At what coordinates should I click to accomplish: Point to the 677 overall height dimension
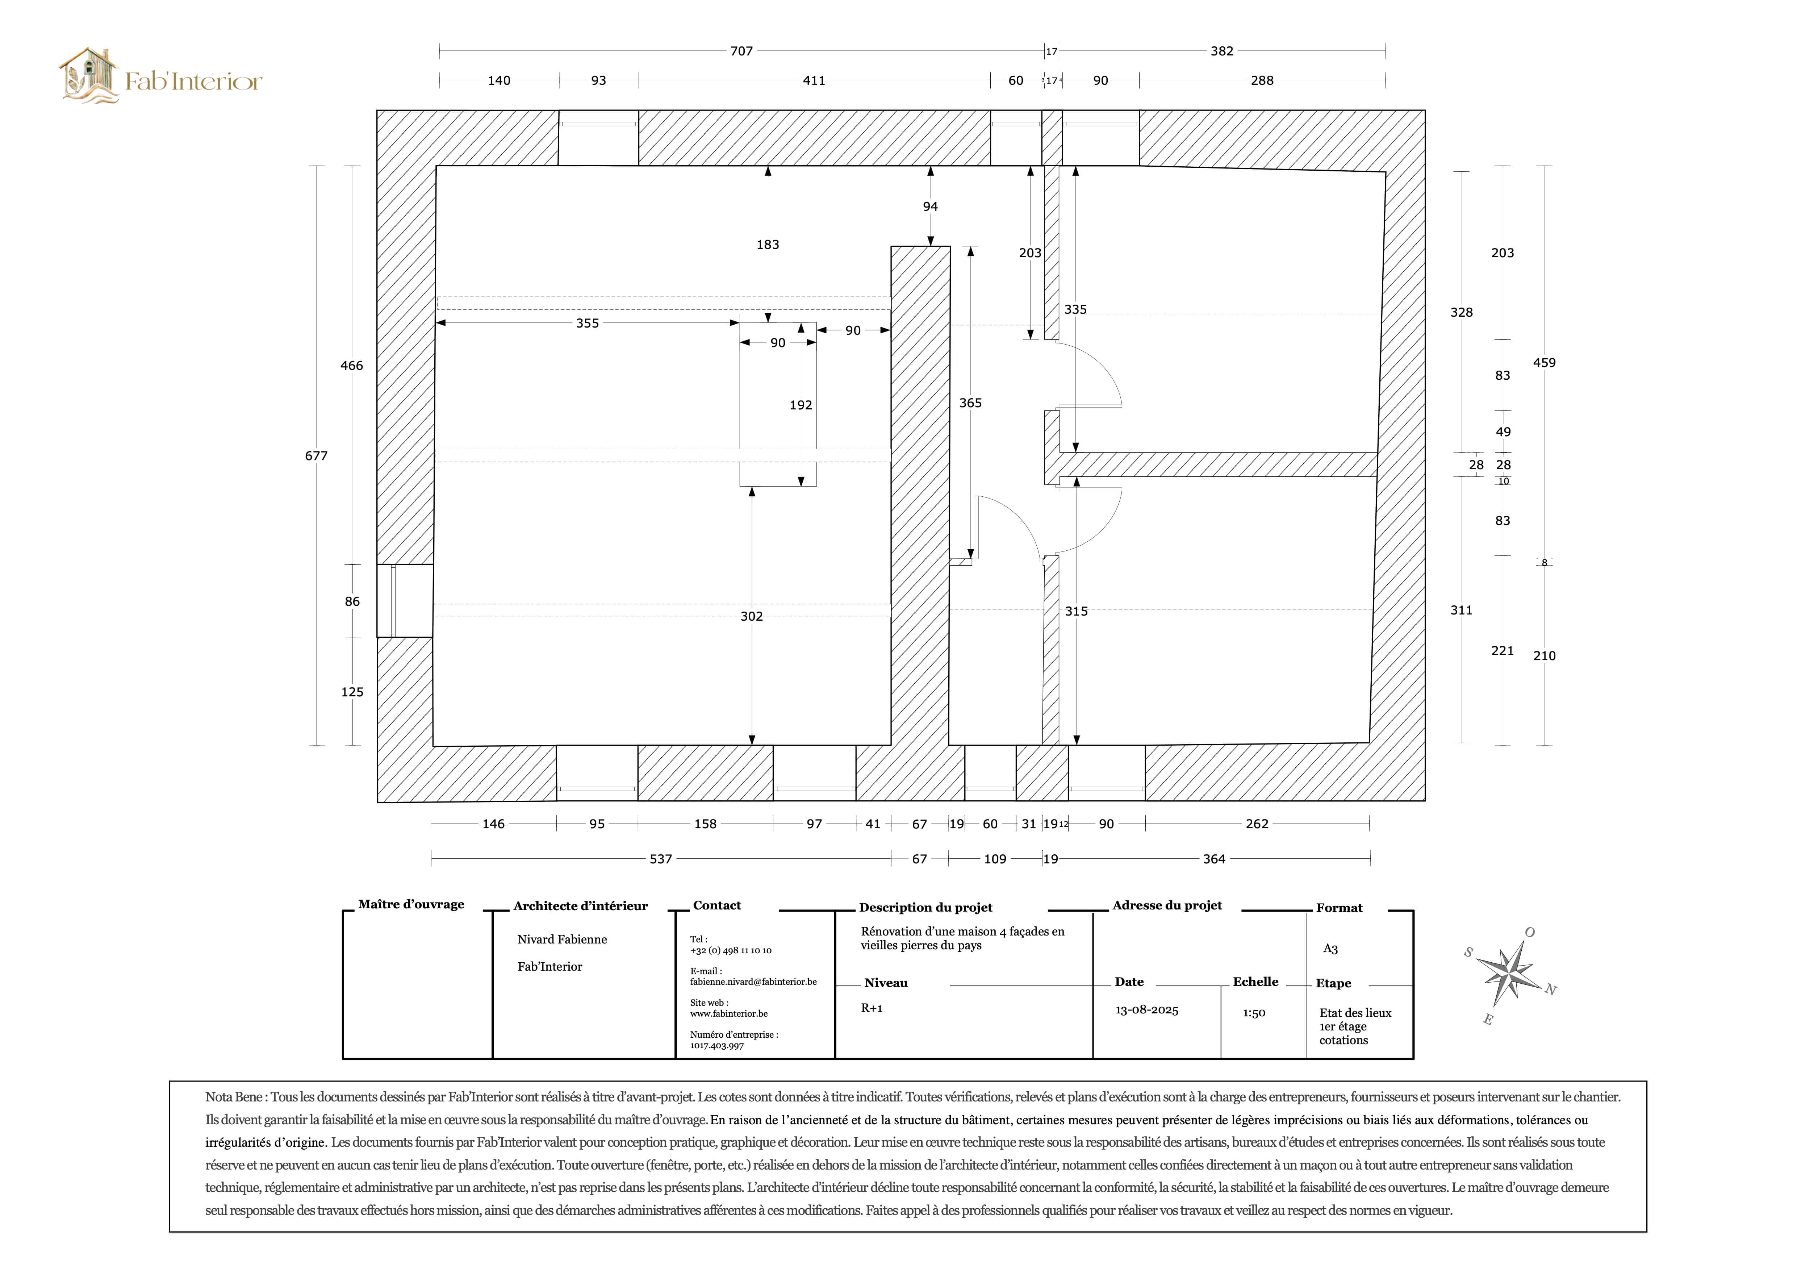(x=316, y=455)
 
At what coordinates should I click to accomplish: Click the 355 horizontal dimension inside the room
(x=587, y=323)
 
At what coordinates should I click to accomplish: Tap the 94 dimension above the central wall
(x=930, y=207)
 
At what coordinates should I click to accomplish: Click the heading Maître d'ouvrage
(x=411, y=905)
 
